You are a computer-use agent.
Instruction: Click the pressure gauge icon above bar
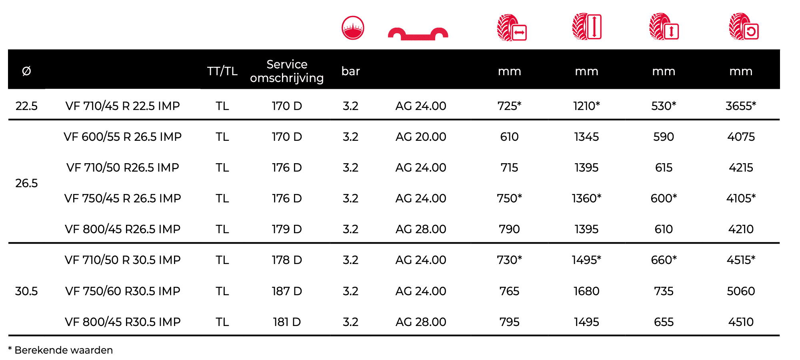coord(353,28)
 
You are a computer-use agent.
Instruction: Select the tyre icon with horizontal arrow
coord(512,28)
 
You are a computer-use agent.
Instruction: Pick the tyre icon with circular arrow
coord(744,27)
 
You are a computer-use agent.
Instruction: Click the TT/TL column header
coord(222,71)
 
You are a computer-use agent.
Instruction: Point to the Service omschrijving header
coord(287,71)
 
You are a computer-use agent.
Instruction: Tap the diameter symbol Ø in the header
coord(26,71)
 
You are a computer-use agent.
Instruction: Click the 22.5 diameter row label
coord(26,106)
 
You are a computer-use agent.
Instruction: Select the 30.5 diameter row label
coord(26,291)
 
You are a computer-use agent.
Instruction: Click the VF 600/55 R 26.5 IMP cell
coord(122,137)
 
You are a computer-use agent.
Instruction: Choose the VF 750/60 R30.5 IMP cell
coord(122,291)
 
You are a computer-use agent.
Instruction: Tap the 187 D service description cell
coord(287,291)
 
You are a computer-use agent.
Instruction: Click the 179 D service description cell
coord(287,229)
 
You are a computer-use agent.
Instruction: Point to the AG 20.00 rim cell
coord(420,137)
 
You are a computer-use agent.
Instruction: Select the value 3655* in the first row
coord(741,106)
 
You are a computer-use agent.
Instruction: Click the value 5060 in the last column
coord(741,291)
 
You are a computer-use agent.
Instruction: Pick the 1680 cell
coord(586,291)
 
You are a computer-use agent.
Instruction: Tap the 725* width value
coord(509,106)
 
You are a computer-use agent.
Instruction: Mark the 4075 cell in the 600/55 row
coord(741,137)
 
